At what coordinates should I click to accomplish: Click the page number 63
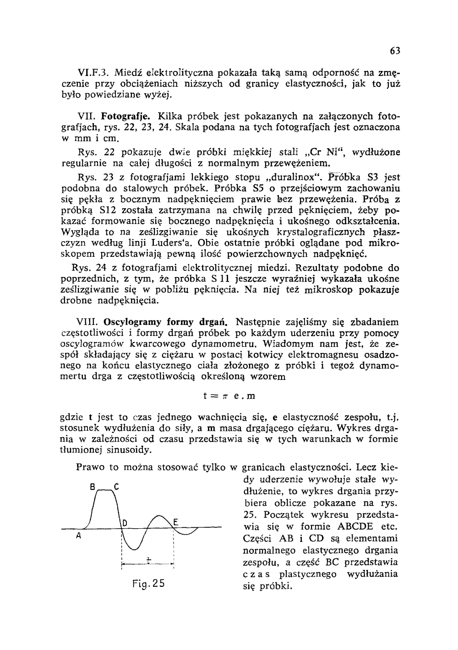396,51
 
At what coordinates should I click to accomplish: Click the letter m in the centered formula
251,396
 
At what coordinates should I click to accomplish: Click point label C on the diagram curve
117,486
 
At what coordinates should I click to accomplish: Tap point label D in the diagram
124,523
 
